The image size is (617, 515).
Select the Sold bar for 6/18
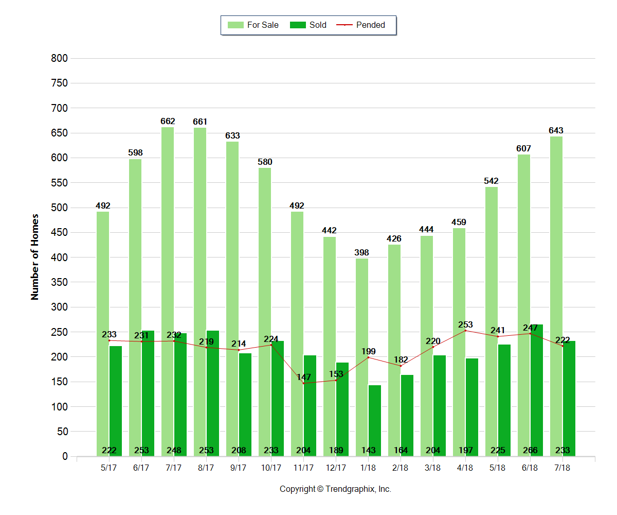click(536, 386)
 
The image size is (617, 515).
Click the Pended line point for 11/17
click(303, 383)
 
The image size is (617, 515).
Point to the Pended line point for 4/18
click(465, 331)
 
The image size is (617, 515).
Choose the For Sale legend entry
click(253, 25)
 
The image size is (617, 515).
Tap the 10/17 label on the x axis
click(271, 468)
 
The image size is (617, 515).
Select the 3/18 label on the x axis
click(433, 468)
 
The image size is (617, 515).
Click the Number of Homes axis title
click(35, 256)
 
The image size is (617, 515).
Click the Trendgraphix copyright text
click(335, 489)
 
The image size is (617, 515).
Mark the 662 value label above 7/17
click(168, 122)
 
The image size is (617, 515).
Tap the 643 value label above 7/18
click(556, 131)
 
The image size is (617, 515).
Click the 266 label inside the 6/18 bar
click(530, 451)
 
